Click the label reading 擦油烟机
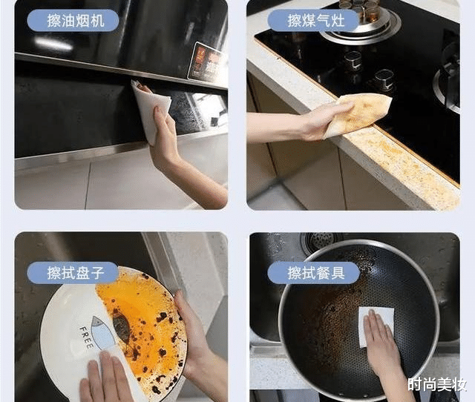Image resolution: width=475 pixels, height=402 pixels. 73,20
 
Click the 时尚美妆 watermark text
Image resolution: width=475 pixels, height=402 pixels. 437,384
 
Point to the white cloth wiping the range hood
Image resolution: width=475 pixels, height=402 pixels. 148,111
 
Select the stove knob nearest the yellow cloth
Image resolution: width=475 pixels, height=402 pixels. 383,79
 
